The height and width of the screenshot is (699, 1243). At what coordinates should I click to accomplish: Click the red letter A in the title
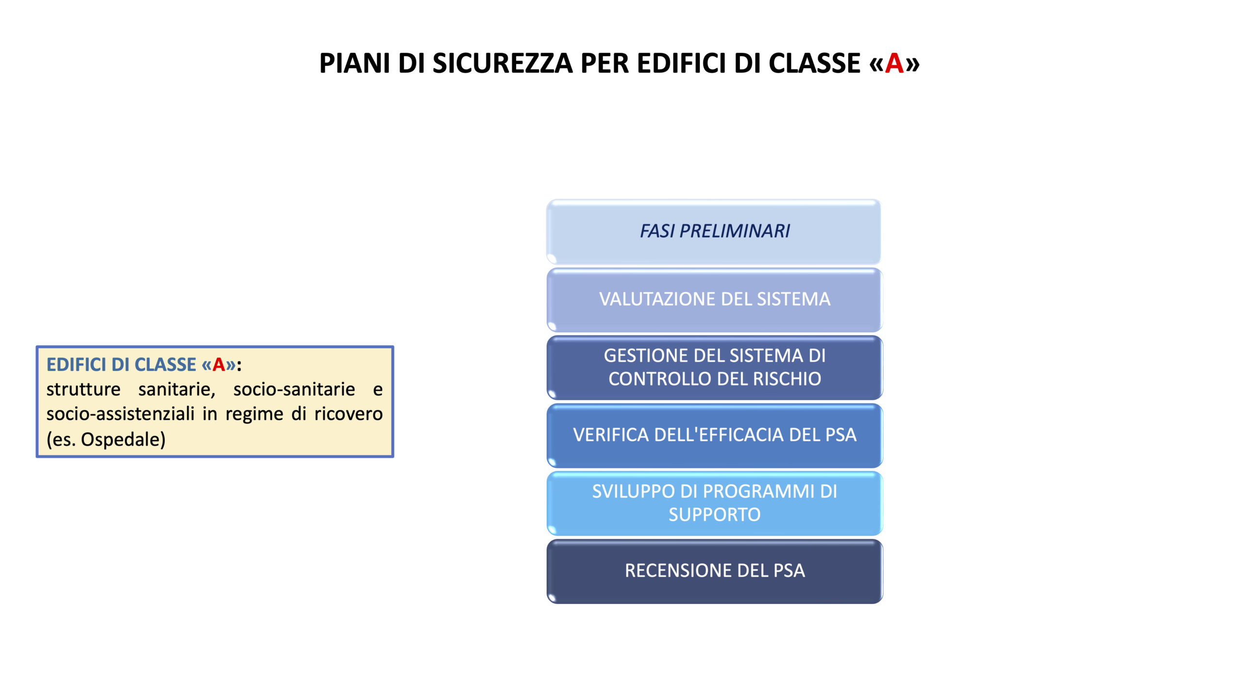(x=894, y=64)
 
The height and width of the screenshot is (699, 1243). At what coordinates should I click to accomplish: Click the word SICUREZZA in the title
(x=503, y=64)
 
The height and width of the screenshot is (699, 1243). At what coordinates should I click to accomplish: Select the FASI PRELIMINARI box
(x=714, y=232)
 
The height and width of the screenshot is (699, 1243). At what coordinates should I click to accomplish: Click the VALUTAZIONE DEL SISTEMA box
(x=714, y=300)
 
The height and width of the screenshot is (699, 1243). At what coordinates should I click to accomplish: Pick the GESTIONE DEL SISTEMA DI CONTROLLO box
(x=714, y=367)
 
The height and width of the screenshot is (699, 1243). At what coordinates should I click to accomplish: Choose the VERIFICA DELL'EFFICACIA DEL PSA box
(x=714, y=435)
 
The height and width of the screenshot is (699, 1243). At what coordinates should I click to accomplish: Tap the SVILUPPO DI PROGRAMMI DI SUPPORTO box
(x=714, y=503)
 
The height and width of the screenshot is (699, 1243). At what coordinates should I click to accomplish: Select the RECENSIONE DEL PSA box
(x=714, y=571)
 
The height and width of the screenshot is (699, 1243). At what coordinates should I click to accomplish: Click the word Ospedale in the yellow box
(x=123, y=439)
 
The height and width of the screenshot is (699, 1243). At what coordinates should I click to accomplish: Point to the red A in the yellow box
(x=218, y=365)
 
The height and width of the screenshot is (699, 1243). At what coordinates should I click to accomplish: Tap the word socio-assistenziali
(x=120, y=414)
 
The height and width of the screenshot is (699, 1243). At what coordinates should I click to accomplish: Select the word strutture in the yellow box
(x=84, y=389)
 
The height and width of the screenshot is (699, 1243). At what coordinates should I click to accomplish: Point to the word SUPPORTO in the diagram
(x=714, y=515)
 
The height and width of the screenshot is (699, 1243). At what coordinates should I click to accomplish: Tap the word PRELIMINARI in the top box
(x=735, y=231)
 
